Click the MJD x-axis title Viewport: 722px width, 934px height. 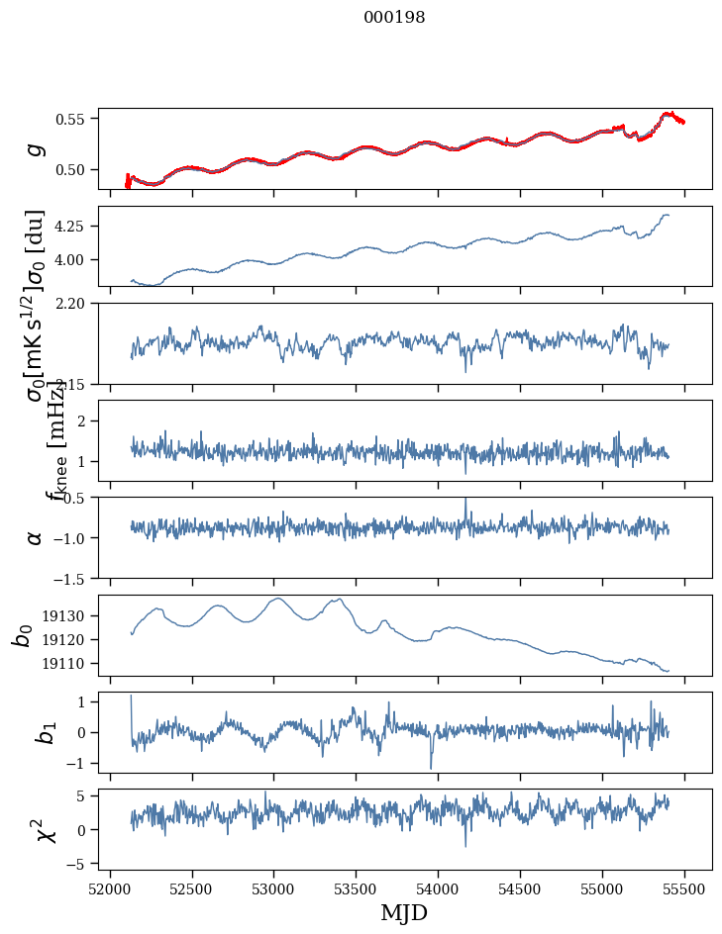click(x=404, y=912)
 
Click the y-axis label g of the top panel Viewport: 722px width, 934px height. click(x=36, y=148)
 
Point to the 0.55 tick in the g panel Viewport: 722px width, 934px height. click(x=72, y=119)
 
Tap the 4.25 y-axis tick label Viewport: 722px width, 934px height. click(x=72, y=227)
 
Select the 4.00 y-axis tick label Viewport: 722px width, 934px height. click(x=72, y=259)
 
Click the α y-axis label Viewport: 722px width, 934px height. click(x=36, y=537)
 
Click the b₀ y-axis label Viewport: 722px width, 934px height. click(x=22, y=635)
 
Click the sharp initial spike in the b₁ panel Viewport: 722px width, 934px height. click(x=131, y=698)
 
